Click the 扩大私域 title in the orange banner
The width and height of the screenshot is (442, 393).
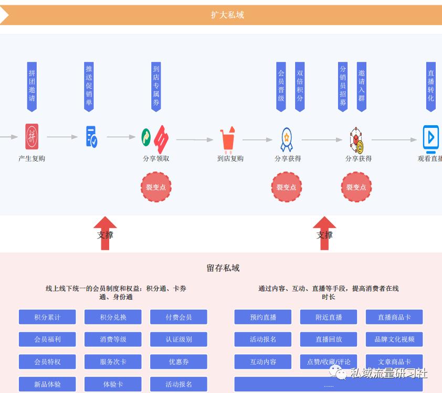tap(227, 15)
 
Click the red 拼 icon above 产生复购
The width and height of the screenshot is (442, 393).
tap(32, 137)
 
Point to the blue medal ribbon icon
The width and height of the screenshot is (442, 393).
tap(287, 139)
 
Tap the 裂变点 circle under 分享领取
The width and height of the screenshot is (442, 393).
tap(156, 187)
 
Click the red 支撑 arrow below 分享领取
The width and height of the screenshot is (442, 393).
tap(105, 233)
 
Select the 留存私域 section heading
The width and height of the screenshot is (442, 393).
tap(223, 268)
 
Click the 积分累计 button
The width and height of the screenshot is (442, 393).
tap(47, 317)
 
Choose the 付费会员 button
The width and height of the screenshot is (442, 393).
tap(178, 317)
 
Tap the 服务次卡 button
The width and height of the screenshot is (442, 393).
tap(113, 362)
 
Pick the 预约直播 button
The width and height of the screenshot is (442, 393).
tap(263, 317)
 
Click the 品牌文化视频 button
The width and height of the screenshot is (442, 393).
tap(394, 339)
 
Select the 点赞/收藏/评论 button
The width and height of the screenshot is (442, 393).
tap(329, 362)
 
